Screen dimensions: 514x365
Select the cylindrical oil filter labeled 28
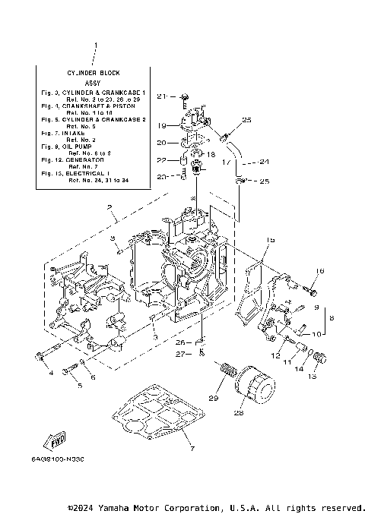[255, 383]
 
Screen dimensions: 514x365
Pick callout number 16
[320, 271]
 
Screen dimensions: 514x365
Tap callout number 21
[160, 96]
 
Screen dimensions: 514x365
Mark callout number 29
[214, 399]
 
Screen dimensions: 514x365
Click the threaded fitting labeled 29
[227, 372]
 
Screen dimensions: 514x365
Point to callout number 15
[271, 240]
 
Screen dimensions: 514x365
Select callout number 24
[265, 161]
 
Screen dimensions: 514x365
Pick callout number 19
[160, 125]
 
